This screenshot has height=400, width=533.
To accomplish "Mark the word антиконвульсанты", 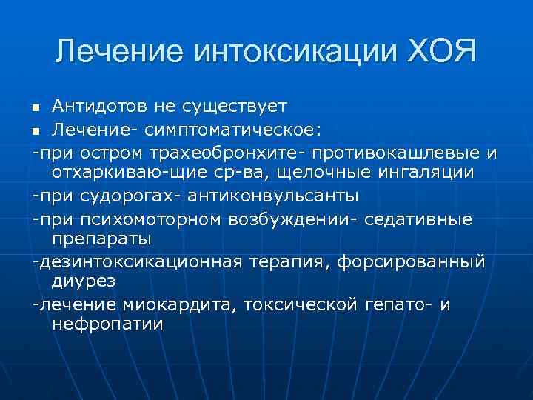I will tap(273, 196).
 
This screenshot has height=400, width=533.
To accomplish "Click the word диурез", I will tap(84, 281).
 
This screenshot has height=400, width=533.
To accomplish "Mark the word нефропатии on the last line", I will tap(108, 324).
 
